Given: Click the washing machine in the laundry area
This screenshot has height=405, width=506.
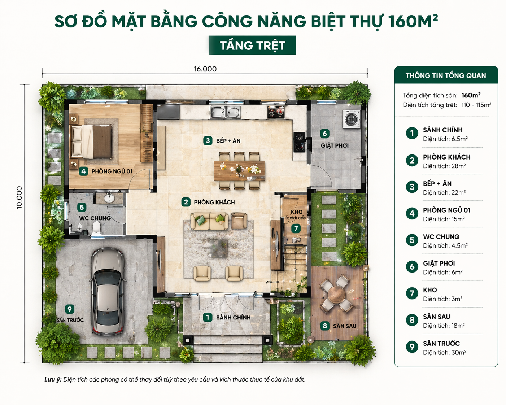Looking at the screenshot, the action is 351,119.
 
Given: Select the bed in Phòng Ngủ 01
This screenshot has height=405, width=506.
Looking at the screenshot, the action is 92,141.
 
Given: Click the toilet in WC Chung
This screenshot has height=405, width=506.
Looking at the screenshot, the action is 96,228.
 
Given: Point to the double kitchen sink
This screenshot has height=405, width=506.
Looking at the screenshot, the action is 225,112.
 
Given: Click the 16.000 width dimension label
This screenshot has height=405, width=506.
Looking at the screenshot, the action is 205,69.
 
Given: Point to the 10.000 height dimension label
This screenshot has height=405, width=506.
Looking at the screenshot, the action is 19,197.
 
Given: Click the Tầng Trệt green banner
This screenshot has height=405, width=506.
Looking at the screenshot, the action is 253,45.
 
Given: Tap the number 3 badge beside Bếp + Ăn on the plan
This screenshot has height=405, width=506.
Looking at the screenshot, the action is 208,141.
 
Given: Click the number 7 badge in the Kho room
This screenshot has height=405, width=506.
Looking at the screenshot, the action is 296,228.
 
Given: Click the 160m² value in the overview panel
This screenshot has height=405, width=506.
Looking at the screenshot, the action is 471,95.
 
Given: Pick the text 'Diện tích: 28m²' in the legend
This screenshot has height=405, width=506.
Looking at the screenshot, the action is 444,166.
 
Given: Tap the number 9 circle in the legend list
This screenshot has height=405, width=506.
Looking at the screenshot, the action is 412,347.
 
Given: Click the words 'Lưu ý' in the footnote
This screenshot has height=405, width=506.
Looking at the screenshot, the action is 53,380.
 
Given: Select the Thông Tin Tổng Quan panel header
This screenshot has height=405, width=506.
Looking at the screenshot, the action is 446,75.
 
